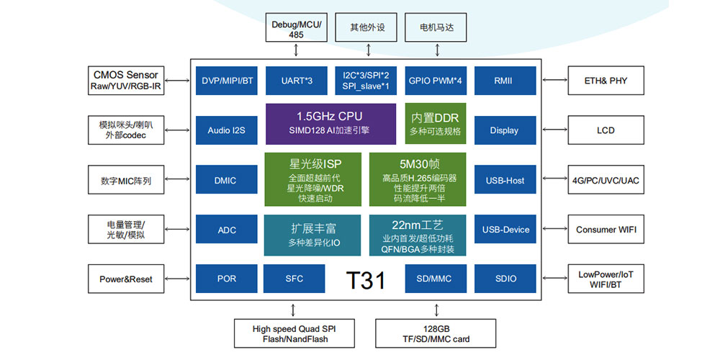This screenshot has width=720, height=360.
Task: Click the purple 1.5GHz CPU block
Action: [330, 123]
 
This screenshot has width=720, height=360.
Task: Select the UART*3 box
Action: [297, 81]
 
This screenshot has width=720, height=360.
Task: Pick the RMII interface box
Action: [504, 81]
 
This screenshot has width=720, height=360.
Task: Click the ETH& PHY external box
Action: [606, 81]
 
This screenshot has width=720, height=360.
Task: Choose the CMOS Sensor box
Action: [126, 81]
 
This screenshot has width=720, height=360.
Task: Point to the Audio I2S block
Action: [227, 130]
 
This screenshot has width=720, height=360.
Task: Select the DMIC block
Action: [227, 180]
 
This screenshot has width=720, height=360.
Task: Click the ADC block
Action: [227, 230]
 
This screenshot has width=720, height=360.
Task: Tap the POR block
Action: [227, 279]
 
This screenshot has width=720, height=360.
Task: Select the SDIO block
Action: [505, 279]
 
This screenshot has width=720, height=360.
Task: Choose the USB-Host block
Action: [504, 180]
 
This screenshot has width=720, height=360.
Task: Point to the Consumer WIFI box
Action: [606, 230]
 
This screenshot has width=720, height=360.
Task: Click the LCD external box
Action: [606, 130]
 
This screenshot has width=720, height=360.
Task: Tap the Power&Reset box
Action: [126, 279]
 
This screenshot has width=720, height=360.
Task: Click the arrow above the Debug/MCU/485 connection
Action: [297, 50]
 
